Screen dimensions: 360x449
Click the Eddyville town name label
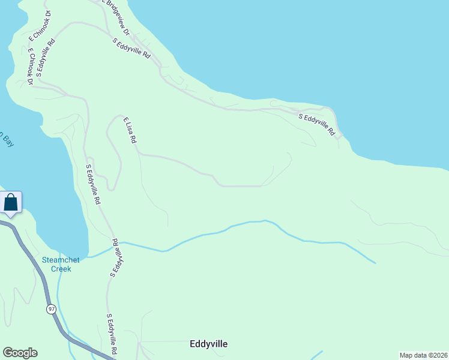click(208, 344)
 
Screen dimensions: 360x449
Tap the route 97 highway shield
click(52, 308)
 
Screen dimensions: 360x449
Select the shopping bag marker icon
click(11, 202)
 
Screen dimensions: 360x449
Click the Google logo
click(20, 353)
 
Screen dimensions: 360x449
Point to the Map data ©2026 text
click(423, 355)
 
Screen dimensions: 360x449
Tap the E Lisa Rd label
click(130, 130)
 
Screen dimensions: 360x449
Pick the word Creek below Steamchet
click(61, 269)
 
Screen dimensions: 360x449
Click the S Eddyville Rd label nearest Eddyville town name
click(112, 334)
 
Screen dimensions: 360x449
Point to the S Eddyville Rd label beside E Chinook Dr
click(46, 58)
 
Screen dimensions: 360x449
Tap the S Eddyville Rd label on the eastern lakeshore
click(316, 124)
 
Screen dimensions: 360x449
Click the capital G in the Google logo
click(8, 353)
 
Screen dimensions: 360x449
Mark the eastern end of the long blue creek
click(375, 263)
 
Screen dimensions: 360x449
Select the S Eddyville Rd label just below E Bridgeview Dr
click(131, 47)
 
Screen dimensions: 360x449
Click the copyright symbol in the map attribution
click(430, 355)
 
